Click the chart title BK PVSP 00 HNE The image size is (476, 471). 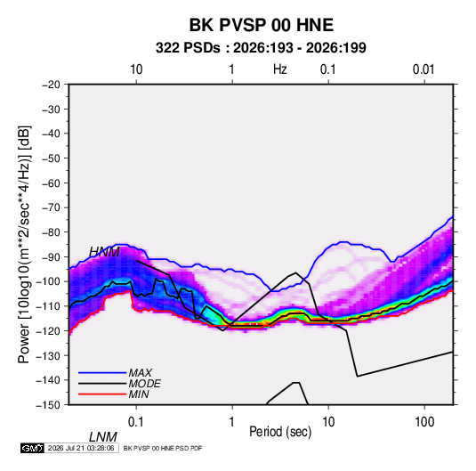(x=262, y=25)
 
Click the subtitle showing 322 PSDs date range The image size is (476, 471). (x=261, y=48)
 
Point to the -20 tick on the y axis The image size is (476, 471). (x=51, y=85)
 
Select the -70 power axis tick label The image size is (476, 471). (x=51, y=207)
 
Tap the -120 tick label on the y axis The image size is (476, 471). (x=48, y=330)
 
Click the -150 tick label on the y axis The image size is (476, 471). (x=48, y=405)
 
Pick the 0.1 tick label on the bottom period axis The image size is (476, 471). (x=136, y=422)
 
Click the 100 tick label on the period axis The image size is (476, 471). (x=424, y=422)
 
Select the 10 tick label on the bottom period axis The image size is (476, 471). (x=328, y=422)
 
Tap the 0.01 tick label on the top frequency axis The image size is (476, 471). (x=424, y=69)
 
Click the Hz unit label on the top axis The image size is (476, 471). (x=280, y=69)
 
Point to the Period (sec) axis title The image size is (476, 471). (x=280, y=432)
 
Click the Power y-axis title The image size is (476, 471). (x=24, y=245)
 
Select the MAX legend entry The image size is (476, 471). (x=140, y=372)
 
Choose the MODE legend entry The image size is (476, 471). (x=144, y=384)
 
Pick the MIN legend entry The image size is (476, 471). (x=139, y=394)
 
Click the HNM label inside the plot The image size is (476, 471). (x=104, y=252)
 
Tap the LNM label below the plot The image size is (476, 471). (x=103, y=437)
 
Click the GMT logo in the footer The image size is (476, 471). (x=32, y=448)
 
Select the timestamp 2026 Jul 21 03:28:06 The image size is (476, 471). (x=81, y=448)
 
